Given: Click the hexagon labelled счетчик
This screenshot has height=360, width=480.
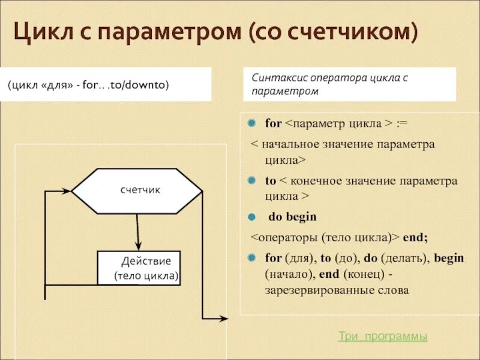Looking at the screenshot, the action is coord(137,191).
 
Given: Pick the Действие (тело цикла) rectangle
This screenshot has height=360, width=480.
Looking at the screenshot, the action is coord(139,268).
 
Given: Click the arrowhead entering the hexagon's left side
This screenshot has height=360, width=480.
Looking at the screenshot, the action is coord(67,191).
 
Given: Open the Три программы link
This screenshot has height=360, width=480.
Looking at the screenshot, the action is coord(383,337).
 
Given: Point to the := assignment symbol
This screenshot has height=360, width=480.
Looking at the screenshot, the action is coord(403,124).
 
